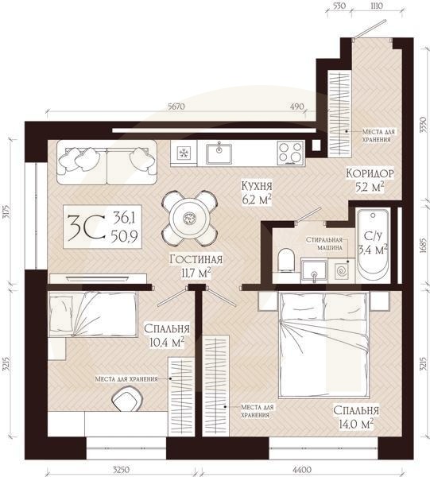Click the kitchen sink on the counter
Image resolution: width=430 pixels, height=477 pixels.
[219, 153]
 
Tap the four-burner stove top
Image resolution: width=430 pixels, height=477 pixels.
[290, 153]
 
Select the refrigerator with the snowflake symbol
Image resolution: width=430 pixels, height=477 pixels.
[184, 153]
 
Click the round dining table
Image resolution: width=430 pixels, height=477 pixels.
[189, 218]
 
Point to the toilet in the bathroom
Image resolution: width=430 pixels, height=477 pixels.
[286, 260]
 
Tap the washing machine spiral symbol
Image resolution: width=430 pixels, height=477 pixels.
[342, 270]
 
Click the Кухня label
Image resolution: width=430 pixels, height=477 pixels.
[257, 185]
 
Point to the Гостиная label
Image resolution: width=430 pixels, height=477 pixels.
[196, 259]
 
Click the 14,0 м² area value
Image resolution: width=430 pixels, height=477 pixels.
[356, 424]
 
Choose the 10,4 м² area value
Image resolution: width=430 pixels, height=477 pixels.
[167, 342]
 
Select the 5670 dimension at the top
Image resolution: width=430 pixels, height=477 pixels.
[176, 107]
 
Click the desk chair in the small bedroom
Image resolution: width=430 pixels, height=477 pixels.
[128, 398]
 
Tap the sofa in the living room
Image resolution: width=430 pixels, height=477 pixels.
[107, 162]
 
